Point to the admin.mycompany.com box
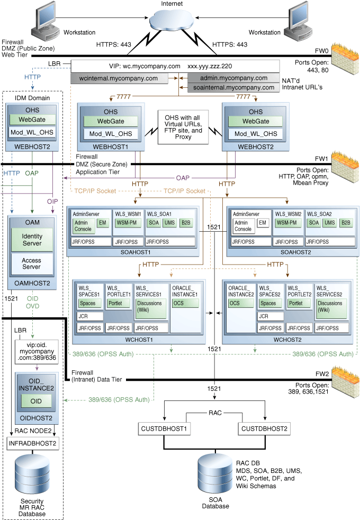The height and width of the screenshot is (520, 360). click(x=234, y=78)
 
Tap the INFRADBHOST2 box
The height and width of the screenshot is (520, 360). click(x=32, y=442)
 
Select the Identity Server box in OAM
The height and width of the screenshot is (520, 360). click(x=32, y=239)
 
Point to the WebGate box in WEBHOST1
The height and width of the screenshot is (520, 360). click(x=111, y=122)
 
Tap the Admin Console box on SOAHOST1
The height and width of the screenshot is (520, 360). click(x=84, y=226)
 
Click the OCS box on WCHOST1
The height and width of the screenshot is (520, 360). click(x=185, y=303)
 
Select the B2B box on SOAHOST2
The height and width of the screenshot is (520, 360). click(x=345, y=223)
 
